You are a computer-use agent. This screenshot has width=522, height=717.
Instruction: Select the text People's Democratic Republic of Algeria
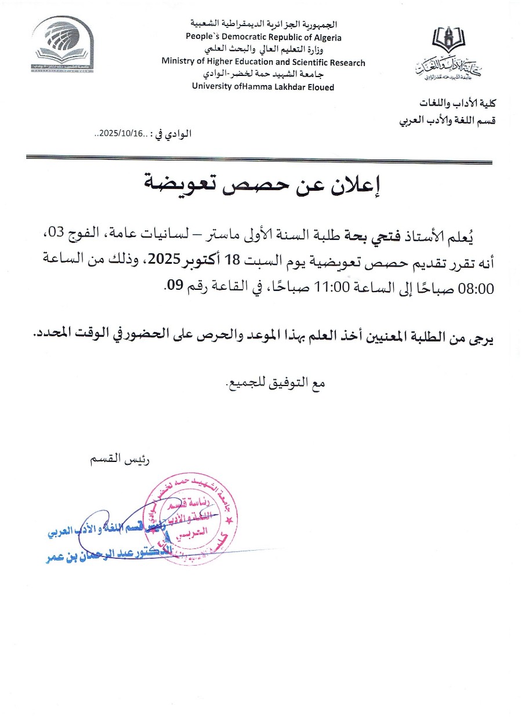pos(263,37)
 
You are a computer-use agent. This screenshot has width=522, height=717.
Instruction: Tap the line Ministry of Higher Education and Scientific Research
pos(263,62)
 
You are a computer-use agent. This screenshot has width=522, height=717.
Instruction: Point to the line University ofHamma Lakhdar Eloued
pos(263,87)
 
